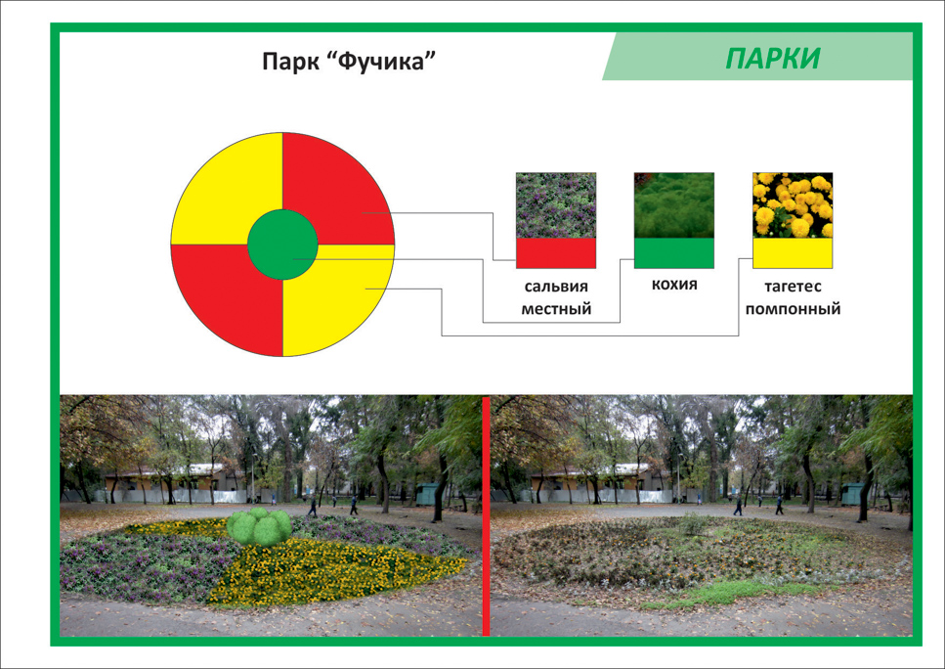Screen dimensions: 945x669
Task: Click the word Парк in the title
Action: tap(290, 62)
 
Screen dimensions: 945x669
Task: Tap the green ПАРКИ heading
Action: tap(773, 59)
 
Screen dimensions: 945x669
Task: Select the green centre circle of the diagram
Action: tap(282, 245)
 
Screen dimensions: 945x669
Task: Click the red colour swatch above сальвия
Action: tap(556, 253)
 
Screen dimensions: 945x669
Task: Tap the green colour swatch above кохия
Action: tap(673, 253)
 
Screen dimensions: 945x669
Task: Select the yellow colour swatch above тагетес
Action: tap(793, 253)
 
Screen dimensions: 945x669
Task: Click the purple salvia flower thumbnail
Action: tap(556, 205)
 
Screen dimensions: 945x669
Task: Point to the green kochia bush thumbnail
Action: tap(673, 205)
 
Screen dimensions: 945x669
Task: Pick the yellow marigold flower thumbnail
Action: tap(793, 205)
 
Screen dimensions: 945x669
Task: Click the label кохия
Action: tap(674, 284)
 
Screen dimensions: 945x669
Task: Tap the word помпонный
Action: tap(793, 309)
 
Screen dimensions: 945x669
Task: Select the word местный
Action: tap(556, 309)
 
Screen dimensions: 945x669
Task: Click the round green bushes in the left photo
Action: tap(259, 526)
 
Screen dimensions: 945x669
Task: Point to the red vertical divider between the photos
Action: tap(486, 515)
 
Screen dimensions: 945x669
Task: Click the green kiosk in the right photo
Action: tap(852, 494)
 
